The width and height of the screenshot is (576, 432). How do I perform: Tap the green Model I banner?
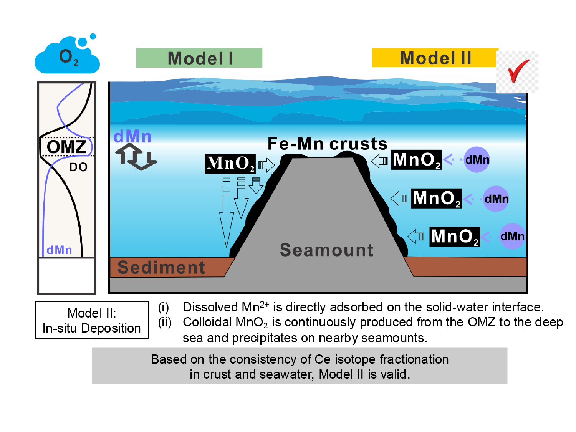[x=199, y=58]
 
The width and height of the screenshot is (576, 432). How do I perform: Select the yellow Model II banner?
[x=435, y=58]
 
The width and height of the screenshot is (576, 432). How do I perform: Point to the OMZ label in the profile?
[x=66, y=147]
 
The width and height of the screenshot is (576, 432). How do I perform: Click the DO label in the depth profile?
[x=78, y=167]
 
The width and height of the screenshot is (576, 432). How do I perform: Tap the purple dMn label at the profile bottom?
[x=59, y=250]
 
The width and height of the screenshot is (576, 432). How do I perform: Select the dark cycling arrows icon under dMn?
[x=136, y=157]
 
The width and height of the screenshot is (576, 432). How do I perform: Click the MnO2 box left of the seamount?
[x=230, y=164]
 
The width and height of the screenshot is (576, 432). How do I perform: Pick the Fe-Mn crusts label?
[x=328, y=144]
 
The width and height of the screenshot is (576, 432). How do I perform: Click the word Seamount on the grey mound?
[x=326, y=250]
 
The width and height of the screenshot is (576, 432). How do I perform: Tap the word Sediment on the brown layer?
[x=161, y=268]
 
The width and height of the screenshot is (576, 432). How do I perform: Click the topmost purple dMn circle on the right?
[x=477, y=159]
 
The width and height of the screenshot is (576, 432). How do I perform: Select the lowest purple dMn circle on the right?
[x=512, y=236]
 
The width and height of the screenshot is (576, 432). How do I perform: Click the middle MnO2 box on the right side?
[x=436, y=198]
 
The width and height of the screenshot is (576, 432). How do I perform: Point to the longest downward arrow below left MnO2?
[x=227, y=212]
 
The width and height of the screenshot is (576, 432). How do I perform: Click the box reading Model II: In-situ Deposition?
[x=92, y=320]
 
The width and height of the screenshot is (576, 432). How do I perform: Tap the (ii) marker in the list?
[x=164, y=322]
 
